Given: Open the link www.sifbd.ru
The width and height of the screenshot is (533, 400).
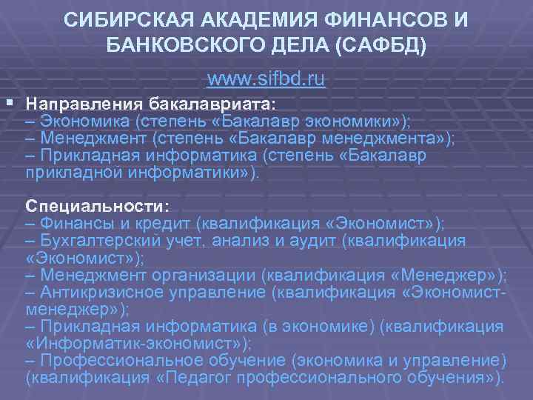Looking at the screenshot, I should click(x=266, y=78).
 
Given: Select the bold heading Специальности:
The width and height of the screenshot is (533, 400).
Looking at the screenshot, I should click(x=97, y=204).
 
